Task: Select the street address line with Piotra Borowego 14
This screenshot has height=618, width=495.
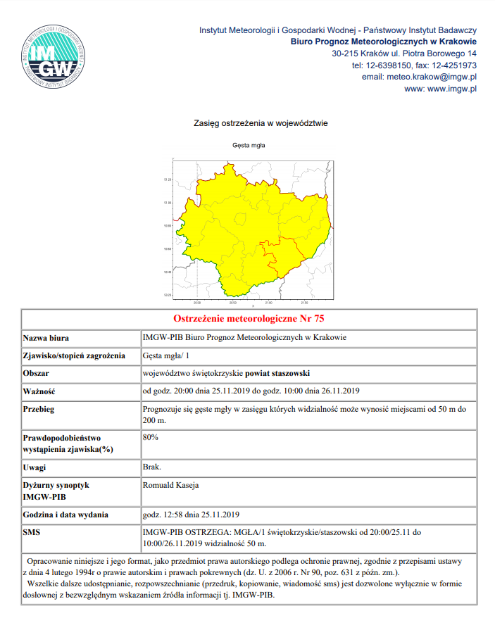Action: pyautogui.click(x=404, y=53)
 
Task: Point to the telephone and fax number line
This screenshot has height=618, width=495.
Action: pyautogui.click(x=414, y=65)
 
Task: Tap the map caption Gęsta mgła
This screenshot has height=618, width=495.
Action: pyautogui.click(x=249, y=146)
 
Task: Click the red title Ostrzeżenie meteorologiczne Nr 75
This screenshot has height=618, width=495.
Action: pyautogui.click(x=249, y=317)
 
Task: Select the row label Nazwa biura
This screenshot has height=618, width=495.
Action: pyautogui.click(x=46, y=337)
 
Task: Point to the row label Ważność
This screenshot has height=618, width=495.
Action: pyautogui.click(x=39, y=391)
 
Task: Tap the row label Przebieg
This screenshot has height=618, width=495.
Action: pyautogui.click(x=39, y=408)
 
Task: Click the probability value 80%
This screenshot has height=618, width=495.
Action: pyautogui.click(x=151, y=437)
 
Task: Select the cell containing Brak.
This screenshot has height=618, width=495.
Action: pyautogui.click(x=152, y=467)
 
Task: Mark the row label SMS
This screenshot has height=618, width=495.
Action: pyautogui.click(x=32, y=532)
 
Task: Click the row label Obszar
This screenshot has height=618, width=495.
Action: pyautogui.click(x=37, y=372)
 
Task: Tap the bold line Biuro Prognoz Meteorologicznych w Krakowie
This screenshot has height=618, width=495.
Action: pyautogui.click(x=384, y=42)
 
